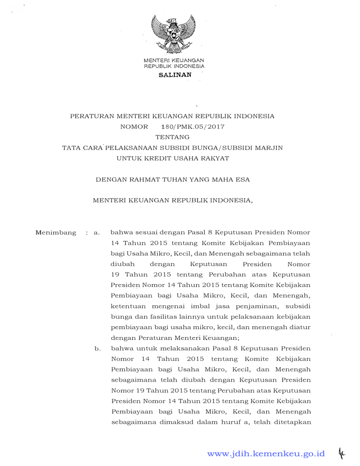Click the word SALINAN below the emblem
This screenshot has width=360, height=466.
pos(174,75)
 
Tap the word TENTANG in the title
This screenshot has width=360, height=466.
pos(172,137)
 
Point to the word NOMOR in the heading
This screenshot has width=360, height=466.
pos(134,127)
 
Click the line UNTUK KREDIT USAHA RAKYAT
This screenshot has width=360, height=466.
pos(172,158)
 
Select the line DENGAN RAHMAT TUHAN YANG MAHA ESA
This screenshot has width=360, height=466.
pos(172,180)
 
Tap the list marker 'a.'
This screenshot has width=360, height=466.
pos(97,232)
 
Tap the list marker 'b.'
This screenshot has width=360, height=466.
pos(97,348)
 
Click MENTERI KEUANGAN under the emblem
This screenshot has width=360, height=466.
pos(173,61)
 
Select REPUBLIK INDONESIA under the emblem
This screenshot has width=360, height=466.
pos(173,67)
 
